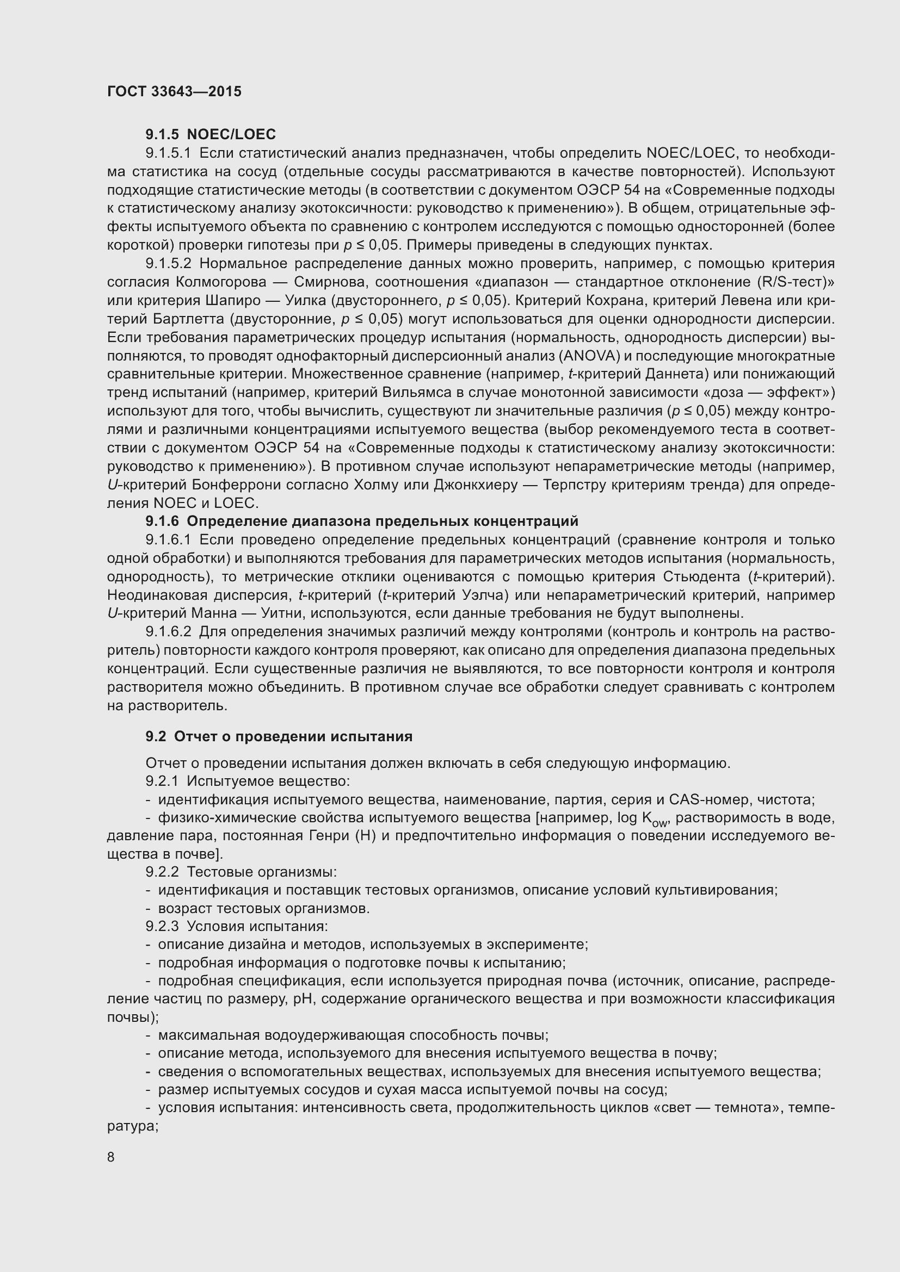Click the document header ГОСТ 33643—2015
click(x=174, y=91)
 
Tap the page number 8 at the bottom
click(x=111, y=1157)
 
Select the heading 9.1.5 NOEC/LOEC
click(x=211, y=135)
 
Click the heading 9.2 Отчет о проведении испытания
click(x=279, y=736)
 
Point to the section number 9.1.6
click(x=162, y=522)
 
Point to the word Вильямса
click(x=413, y=393)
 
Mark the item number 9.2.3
click(x=162, y=927)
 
